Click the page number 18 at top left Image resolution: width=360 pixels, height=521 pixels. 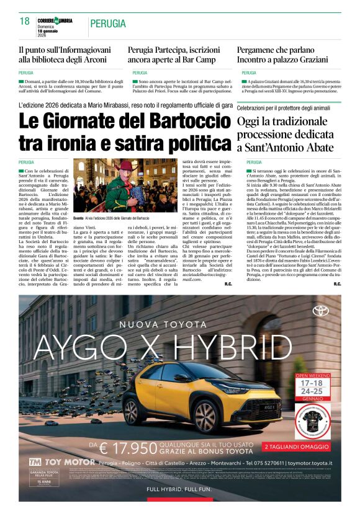pyautogui.click(x=25, y=22)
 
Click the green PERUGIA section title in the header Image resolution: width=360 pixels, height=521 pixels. pyautogui.click(x=108, y=24)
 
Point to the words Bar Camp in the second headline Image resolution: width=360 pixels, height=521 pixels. pyautogui.click(x=202, y=60)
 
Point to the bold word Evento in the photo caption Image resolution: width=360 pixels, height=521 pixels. pyautogui.click(x=78, y=218)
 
